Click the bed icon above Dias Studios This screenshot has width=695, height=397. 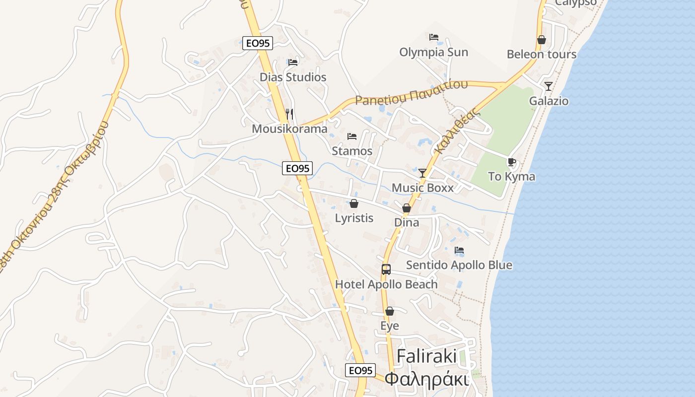(x=293, y=63)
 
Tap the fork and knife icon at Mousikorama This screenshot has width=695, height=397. (x=289, y=114)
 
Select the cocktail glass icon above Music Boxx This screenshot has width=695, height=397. (x=422, y=173)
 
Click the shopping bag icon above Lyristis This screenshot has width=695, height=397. (x=354, y=203)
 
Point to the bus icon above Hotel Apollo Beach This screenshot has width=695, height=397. (x=386, y=269)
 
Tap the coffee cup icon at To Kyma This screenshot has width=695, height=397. (x=511, y=162)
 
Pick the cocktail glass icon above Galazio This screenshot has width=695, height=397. (x=548, y=86)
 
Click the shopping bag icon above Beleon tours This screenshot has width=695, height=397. (x=542, y=40)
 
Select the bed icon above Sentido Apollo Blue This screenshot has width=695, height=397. (x=459, y=250)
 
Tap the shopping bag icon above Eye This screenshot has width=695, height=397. (x=390, y=311)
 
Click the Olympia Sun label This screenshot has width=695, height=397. (x=433, y=52)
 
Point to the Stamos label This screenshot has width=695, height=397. (x=352, y=151)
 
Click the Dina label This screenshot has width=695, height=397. (x=407, y=222)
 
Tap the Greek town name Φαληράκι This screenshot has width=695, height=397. (x=427, y=379)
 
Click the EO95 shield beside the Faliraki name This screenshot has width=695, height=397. (x=360, y=370)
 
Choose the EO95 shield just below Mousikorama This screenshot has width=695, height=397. (x=297, y=168)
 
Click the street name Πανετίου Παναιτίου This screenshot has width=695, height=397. (x=412, y=93)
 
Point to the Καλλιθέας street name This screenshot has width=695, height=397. (x=457, y=131)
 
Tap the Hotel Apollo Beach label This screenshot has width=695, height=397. (x=386, y=284)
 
